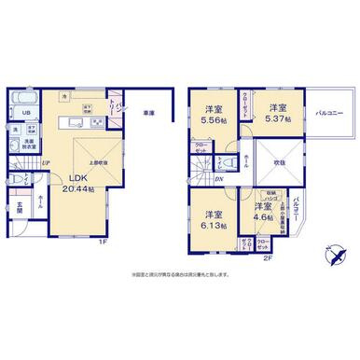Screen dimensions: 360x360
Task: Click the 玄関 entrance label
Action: click(19, 209)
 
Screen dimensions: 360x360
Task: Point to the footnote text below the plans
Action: click(180, 273)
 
